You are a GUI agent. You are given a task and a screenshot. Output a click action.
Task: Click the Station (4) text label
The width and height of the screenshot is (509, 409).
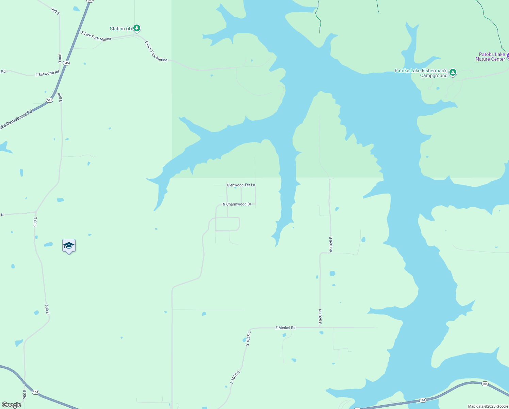tap(121, 29)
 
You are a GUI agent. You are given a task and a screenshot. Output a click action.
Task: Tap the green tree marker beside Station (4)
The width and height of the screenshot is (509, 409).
tap(137, 28)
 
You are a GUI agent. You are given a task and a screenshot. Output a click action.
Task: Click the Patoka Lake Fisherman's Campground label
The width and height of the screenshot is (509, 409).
tap(421, 73)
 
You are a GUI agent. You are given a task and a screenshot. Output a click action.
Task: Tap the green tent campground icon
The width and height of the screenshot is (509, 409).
tap(453, 72)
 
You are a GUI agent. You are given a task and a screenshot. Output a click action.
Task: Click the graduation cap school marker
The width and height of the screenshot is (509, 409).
tap(69, 246)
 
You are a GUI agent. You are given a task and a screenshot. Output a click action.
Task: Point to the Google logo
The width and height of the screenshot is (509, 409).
tap(11, 405)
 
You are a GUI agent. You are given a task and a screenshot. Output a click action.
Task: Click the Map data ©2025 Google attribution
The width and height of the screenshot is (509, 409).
tap(488, 406)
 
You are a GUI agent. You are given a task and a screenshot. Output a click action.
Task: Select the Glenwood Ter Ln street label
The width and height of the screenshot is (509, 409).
tap(241, 185)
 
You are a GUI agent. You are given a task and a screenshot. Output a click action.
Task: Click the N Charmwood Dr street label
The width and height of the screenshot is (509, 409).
tap(237, 204)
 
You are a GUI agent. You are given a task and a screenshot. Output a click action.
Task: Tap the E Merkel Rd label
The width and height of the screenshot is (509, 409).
tap(285, 328)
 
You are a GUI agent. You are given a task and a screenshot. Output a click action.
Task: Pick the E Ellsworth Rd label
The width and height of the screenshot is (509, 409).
tap(47, 73)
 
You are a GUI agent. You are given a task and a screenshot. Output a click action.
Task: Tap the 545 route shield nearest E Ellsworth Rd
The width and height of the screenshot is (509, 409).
tap(66, 63)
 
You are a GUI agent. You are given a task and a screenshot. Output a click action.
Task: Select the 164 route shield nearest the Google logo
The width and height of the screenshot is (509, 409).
tap(36, 392)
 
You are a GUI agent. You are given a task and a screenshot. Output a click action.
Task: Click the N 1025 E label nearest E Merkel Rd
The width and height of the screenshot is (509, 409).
tap(320, 317)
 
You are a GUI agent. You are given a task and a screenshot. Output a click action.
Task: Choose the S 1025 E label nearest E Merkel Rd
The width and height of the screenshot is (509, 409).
tap(248, 338)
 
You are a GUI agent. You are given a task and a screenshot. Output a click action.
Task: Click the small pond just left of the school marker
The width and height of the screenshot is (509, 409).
tap(48, 244)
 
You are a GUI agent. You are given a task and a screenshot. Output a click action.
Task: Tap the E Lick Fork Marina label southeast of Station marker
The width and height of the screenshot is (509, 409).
tap(156, 51)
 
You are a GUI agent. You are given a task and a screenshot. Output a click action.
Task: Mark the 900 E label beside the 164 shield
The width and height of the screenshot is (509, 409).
tap(24, 394)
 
